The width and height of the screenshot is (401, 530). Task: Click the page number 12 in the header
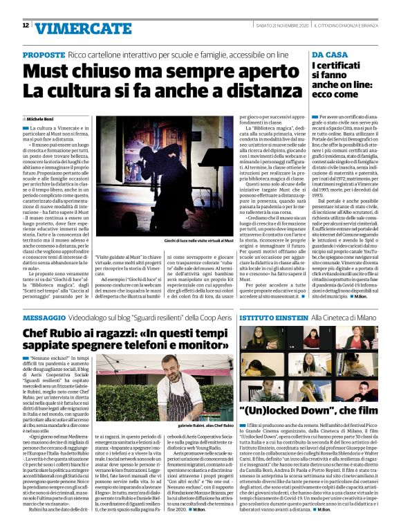26,25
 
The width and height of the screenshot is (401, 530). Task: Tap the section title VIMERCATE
74,28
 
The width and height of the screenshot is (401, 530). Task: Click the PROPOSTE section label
44,54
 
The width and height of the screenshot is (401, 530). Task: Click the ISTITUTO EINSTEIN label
271,317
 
